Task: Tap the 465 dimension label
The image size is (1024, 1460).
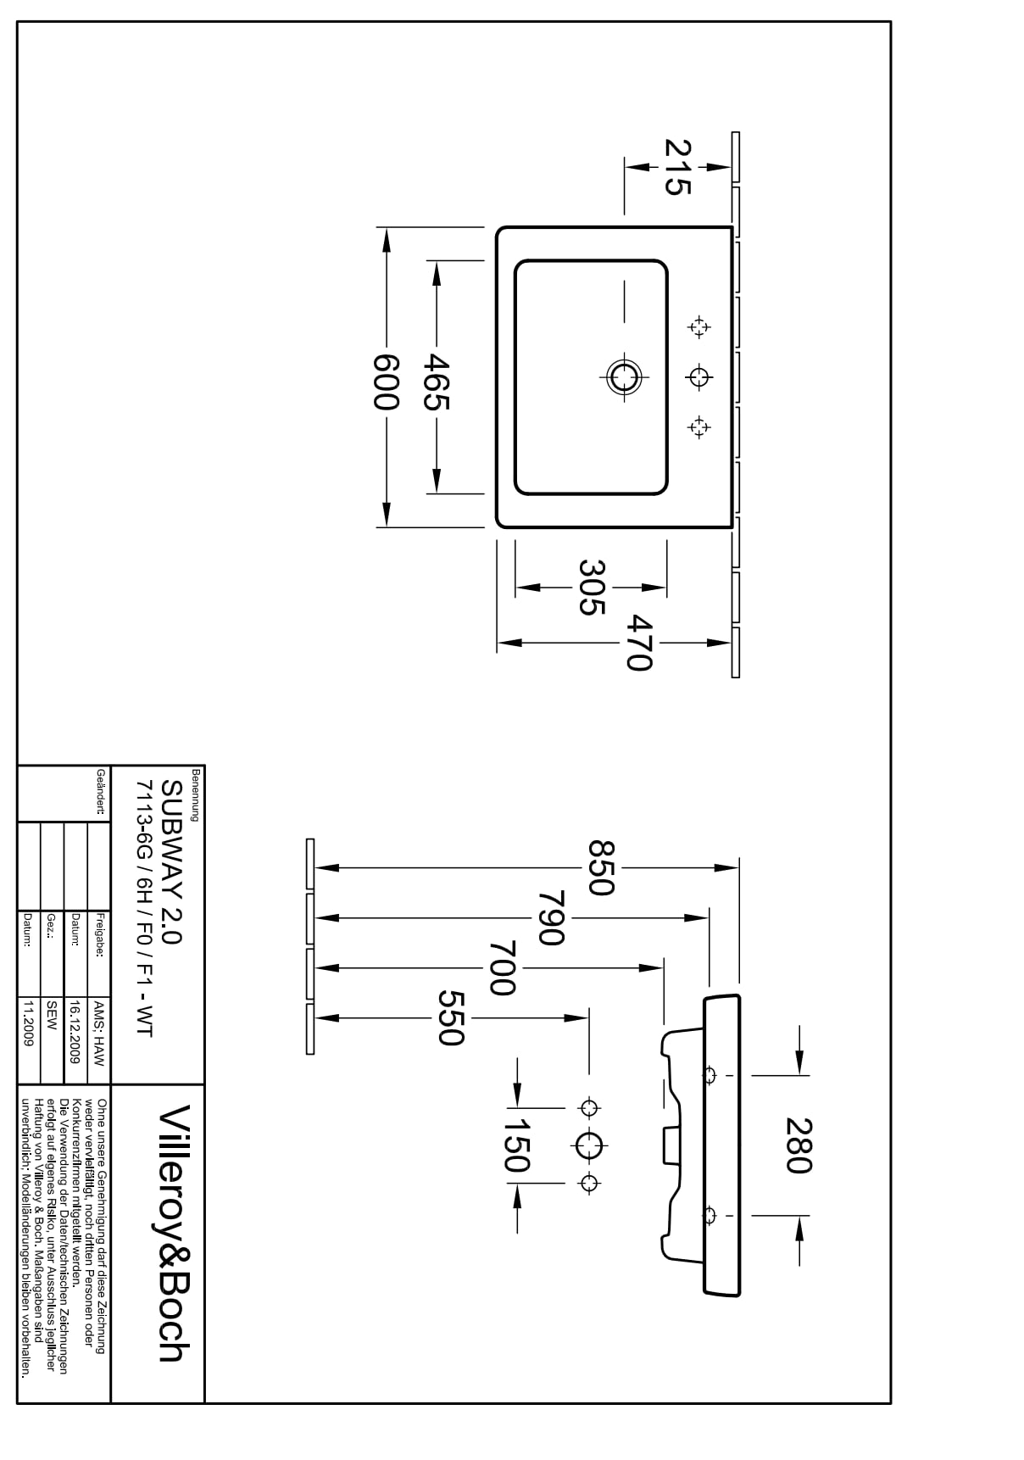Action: pyautogui.click(x=437, y=382)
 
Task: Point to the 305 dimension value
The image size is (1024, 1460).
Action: pyautogui.click(x=591, y=587)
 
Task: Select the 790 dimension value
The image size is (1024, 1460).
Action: pyautogui.click(x=550, y=917)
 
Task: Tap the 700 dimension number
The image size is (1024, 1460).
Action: pyautogui.click(x=502, y=967)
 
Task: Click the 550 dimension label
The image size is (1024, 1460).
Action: pyautogui.click(x=451, y=1017)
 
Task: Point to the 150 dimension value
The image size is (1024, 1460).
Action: pyautogui.click(x=516, y=1145)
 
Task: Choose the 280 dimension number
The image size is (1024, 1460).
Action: pyautogui.click(x=799, y=1145)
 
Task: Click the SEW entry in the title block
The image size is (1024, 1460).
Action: pyautogui.click(x=52, y=1015)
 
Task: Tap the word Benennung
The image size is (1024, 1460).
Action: pyautogui.click(x=196, y=794)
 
